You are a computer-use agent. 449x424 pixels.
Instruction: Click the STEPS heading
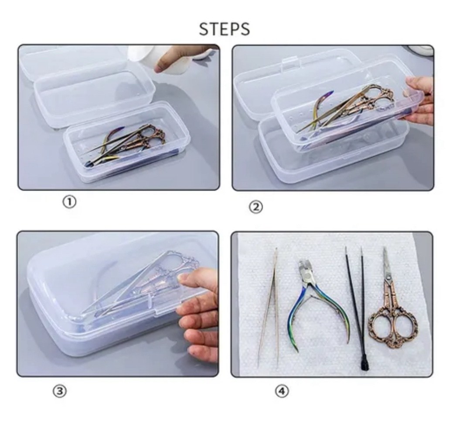point(224,29)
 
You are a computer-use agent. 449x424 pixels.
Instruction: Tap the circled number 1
point(69,202)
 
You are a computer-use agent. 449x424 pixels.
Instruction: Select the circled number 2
point(256,207)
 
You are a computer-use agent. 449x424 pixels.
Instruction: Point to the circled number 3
point(60,391)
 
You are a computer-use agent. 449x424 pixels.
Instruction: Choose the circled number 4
point(282,391)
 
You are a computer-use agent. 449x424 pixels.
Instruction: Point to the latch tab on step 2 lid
point(289,64)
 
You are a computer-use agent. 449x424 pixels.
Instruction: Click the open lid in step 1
point(86,86)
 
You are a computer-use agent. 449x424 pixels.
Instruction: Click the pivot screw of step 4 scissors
point(388,277)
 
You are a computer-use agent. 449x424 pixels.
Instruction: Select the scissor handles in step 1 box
point(152,137)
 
